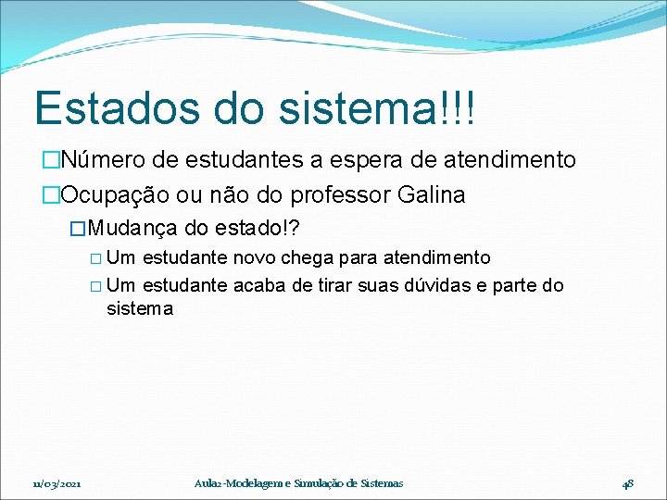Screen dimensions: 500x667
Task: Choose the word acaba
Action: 262,285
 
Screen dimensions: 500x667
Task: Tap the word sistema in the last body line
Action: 140,309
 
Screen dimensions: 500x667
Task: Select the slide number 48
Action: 627,482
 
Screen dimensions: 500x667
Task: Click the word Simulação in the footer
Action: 319,482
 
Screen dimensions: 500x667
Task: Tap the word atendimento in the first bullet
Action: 509,160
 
